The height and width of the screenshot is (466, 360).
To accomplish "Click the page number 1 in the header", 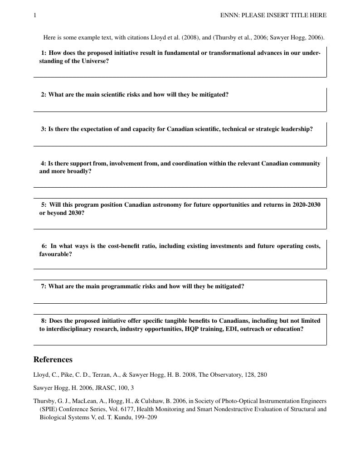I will [x=35, y=15].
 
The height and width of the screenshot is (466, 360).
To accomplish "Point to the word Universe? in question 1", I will [x=95, y=61].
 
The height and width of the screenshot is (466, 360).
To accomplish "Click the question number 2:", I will [x=44, y=95].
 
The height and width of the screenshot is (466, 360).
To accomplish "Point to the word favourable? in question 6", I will [x=55, y=254].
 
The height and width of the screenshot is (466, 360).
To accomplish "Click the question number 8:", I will [x=44, y=321].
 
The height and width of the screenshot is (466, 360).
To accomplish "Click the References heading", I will [x=53, y=359].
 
